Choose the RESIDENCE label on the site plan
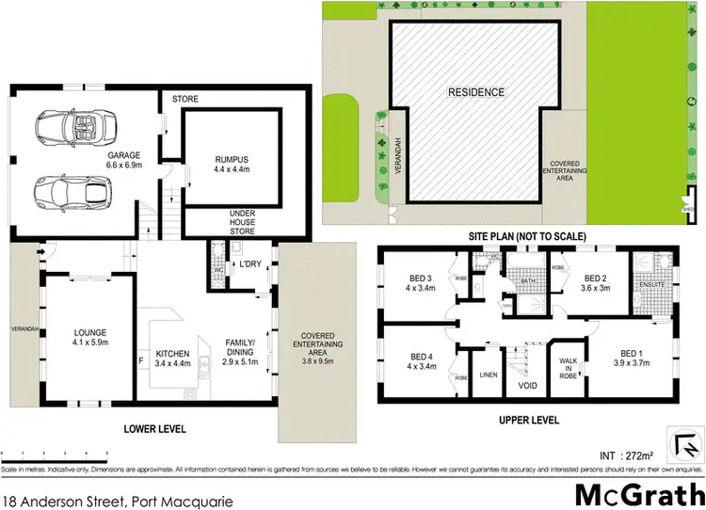475,92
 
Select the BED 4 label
421,361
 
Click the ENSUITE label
651,283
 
